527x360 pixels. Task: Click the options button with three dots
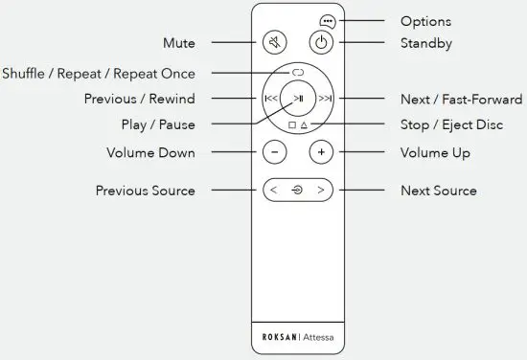328,21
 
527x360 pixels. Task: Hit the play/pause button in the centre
298,98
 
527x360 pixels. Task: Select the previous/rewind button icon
271,98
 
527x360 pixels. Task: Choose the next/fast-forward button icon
326,98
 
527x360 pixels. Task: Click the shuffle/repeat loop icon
298,73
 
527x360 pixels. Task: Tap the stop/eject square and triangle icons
298,124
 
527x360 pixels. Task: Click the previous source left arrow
274,190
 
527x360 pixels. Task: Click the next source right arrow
321,190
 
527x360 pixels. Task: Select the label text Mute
179,43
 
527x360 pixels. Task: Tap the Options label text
424,21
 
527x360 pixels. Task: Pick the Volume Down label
150,152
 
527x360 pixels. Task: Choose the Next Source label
438,191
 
